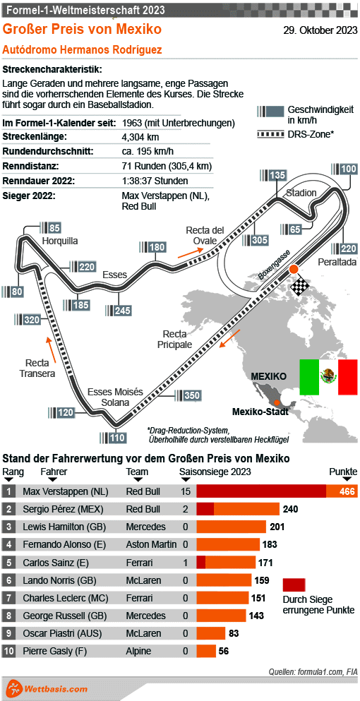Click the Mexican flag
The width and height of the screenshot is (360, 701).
point(328,377)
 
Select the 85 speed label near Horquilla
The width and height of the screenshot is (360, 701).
point(54,227)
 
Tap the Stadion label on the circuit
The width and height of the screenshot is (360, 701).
point(301,193)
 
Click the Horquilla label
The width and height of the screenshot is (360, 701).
point(59,241)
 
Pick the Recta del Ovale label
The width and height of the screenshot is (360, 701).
point(205,235)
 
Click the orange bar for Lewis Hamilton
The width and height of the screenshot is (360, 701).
point(231,527)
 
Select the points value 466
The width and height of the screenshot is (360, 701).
point(347,491)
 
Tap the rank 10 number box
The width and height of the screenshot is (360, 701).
point(9,651)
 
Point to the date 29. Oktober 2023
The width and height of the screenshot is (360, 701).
point(320,30)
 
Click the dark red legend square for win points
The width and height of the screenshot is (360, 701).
point(294,585)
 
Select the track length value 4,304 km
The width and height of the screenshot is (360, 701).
point(141,136)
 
